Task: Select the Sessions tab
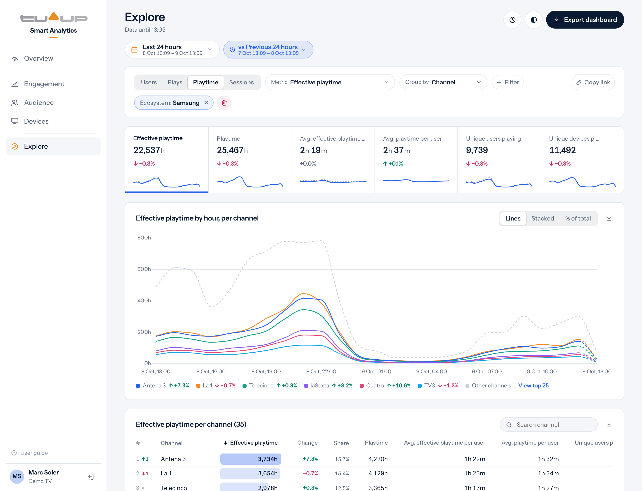[x=241, y=82]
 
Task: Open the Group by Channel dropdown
[x=443, y=82]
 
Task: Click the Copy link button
[x=593, y=82]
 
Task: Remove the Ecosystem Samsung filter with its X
[x=206, y=103]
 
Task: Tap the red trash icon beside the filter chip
[x=224, y=103]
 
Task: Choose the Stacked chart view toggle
[x=542, y=218]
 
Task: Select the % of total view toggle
[x=578, y=218]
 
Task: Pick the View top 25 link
[x=533, y=385]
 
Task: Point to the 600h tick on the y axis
[x=144, y=269]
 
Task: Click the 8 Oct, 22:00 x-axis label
[x=321, y=371]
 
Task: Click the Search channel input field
[x=549, y=425]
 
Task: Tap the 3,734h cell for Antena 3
[x=251, y=459]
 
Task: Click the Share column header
[x=341, y=443]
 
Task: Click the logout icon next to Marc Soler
[x=91, y=477]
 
